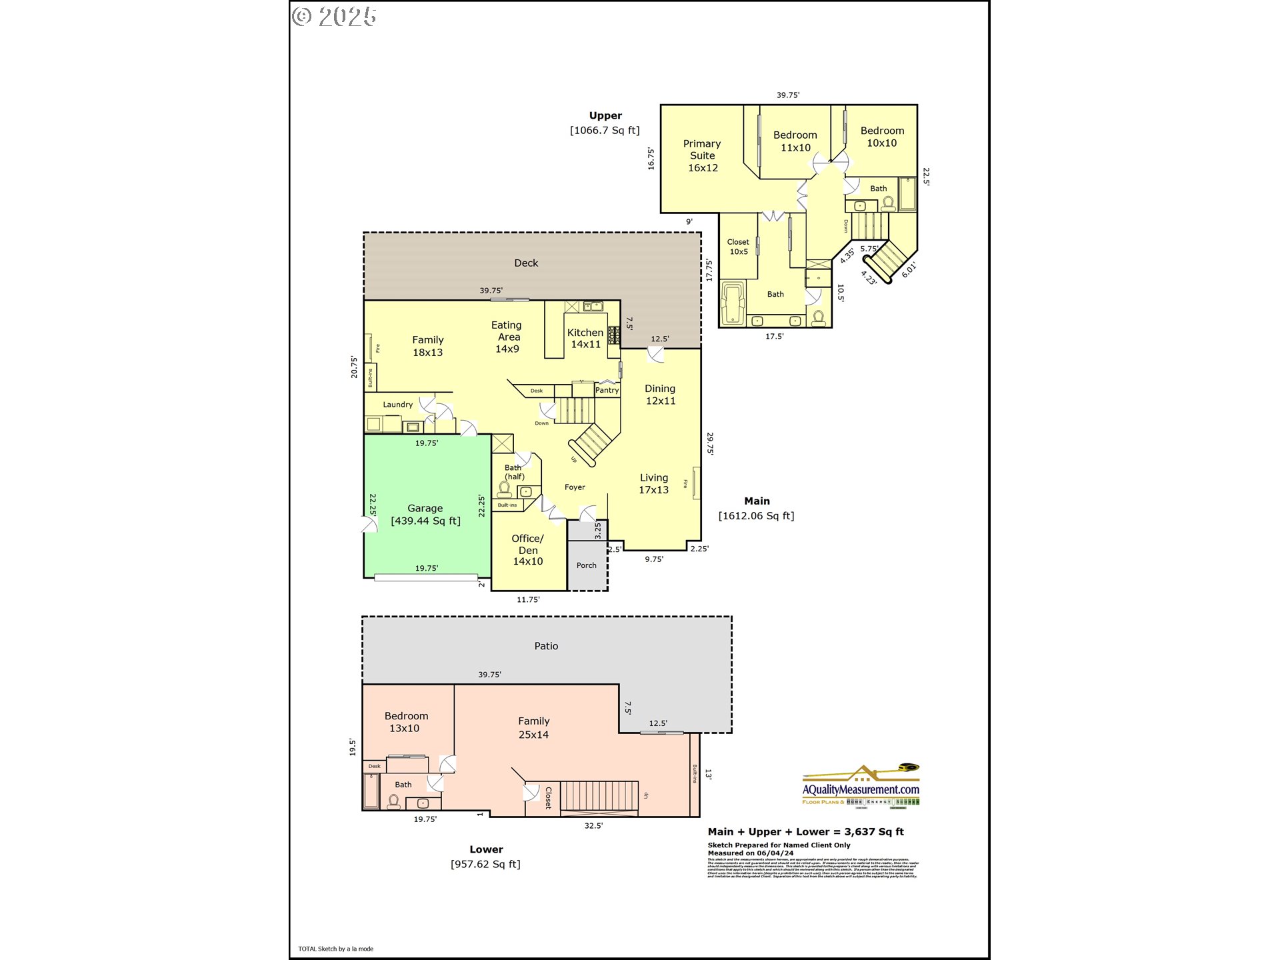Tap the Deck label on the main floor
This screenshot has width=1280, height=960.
pyautogui.click(x=526, y=263)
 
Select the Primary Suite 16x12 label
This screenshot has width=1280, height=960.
pyautogui.click(x=702, y=155)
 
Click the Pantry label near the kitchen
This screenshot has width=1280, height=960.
pyautogui.click(x=607, y=390)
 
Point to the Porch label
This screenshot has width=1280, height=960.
pyautogui.click(x=587, y=565)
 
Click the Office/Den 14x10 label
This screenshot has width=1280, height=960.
pyautogui.click(x=527, y=550)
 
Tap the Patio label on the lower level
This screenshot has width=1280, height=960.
pyautogui.click(x=546, y=646)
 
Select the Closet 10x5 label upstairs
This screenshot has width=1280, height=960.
pyautogui.click(x=738, y=247)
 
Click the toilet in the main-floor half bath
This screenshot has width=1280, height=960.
pyautogui.click(x=505, y=490)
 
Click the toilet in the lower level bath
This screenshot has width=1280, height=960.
pyautogui.click(x=394, y=801)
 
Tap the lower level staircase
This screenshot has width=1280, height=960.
pyautogui.click(x=599, y=795)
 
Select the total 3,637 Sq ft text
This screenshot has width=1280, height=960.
pyautogui.click(x=805, y=831)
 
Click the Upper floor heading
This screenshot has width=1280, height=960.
pyautogui.click(x=605, y=115)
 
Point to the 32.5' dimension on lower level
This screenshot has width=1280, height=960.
pyautogui.click(x=593, y=825)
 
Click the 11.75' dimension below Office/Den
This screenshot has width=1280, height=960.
pyautogui.click(x=528, y=599)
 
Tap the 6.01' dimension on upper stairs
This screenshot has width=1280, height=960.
pyautogui.click(x=909, y=269)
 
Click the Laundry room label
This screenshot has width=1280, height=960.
pyautogui.click(x=397, y=405)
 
